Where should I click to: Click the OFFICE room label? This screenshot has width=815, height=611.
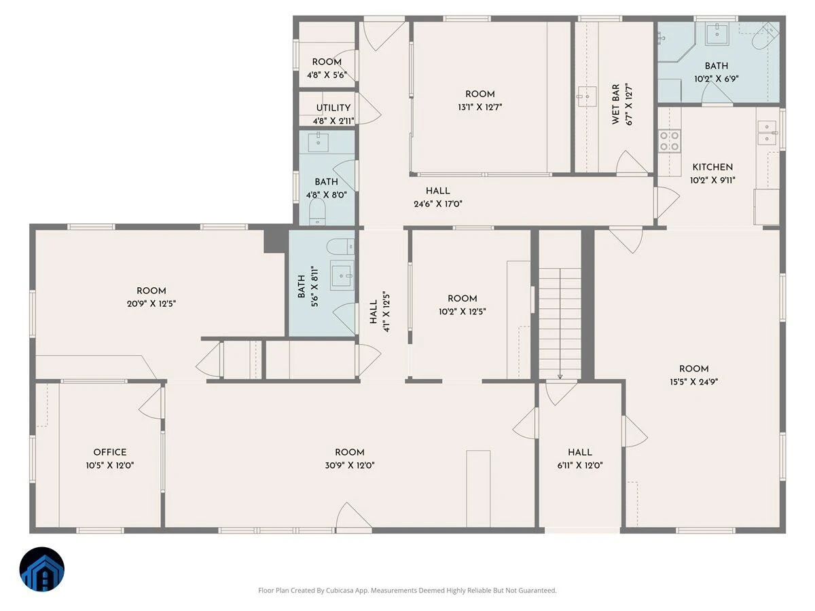(110, 452)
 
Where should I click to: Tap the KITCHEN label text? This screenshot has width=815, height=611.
(712, 167)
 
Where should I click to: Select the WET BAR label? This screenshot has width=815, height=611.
(615, 105)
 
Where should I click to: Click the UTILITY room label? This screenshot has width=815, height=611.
(333, 107)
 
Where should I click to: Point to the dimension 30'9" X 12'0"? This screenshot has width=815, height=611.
(350, 465)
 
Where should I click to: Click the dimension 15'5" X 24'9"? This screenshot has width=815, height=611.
(694, 382)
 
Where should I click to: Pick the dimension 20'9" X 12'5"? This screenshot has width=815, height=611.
(151, 304)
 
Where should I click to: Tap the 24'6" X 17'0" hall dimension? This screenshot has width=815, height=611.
(438, 204)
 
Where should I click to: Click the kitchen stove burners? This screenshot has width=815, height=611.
(670, 141)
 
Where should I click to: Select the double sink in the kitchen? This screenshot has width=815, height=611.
(767, 133)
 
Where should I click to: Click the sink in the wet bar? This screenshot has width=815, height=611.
(587, 96)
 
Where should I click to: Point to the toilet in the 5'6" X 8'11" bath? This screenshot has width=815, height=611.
(340, 246)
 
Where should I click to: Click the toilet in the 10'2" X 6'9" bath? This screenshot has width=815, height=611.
(765, 35)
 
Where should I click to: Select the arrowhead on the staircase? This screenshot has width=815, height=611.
(560, 377)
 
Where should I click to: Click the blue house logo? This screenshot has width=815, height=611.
(42, 569)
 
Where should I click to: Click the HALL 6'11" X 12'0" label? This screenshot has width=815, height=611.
(580, 458)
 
